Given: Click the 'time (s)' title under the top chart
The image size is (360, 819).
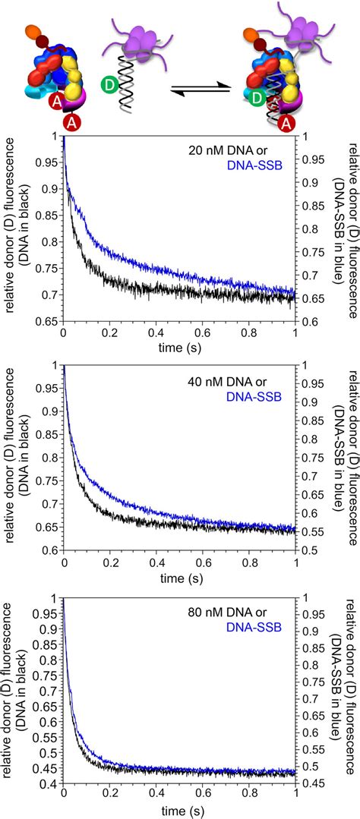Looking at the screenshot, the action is tap(179, 346).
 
